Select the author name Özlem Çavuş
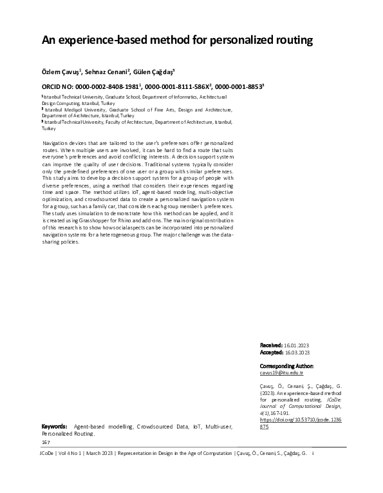click(x=60, y=72)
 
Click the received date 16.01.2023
click(x=297, y=346)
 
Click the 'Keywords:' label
click(x=54, y=427)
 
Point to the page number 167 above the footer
click(x=46, y=442)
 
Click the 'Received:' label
click(x=270, y=346)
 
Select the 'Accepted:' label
click(x=270, y=353)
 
